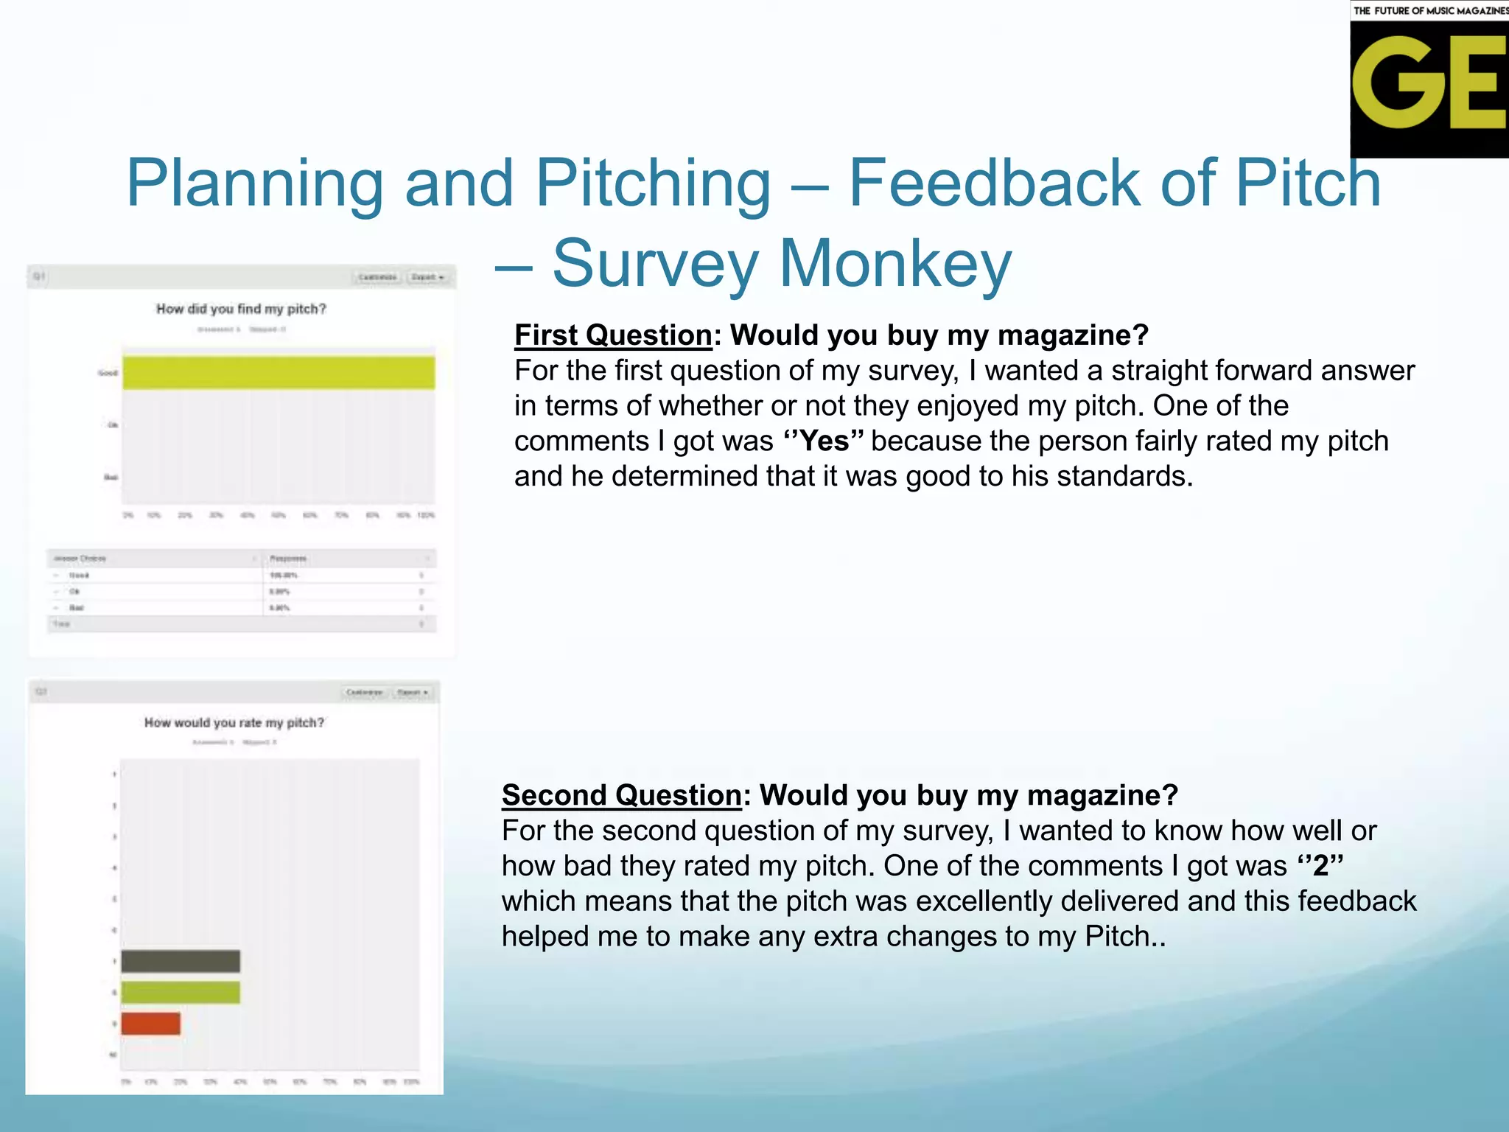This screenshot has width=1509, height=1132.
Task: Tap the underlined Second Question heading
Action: [621, 795]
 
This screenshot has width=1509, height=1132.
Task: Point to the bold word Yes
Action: [824, 441]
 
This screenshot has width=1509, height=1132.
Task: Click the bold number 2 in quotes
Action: [1320, 865]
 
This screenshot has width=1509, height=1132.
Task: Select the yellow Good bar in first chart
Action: [279, 372]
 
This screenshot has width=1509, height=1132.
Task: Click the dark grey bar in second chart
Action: [181, 961]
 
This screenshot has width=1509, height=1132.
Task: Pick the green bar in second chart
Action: [181, 992]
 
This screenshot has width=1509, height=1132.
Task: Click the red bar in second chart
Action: [150, 1023]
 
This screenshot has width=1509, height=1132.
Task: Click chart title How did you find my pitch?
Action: [241, 309]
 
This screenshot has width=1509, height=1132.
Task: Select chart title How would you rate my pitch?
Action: [234, 722]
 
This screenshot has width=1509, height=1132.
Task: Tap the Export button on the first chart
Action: [427, 277]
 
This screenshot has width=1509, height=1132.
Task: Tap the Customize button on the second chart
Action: [364, 692]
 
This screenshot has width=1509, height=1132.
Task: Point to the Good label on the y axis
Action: [108, 373]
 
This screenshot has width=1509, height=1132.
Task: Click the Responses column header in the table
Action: [288, 558]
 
